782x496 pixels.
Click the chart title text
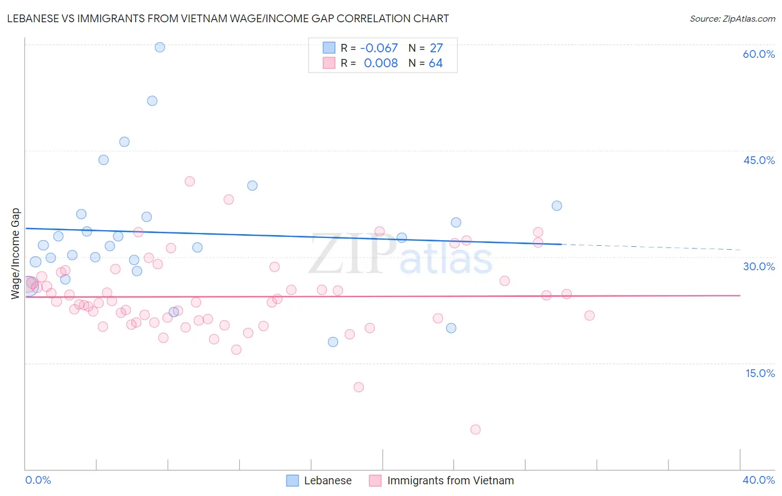228,18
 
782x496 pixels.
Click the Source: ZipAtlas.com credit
732,18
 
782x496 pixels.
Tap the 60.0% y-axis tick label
759,54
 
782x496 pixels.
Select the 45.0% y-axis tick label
759,160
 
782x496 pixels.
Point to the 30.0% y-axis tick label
759,266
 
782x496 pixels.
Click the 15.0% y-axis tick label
760,373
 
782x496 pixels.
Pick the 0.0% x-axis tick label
38,480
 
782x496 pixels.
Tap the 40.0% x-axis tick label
759,480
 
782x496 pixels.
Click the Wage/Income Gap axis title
16,254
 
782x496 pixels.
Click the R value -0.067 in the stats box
379,48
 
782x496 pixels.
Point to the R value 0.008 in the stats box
380,63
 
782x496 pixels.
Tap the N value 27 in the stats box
436,48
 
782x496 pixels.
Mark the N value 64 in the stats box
435,63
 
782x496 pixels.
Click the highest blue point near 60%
160,47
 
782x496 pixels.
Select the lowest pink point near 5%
475,429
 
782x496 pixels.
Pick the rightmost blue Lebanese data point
557,206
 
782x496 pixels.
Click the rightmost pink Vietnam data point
590,315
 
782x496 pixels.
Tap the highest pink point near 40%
190,181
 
